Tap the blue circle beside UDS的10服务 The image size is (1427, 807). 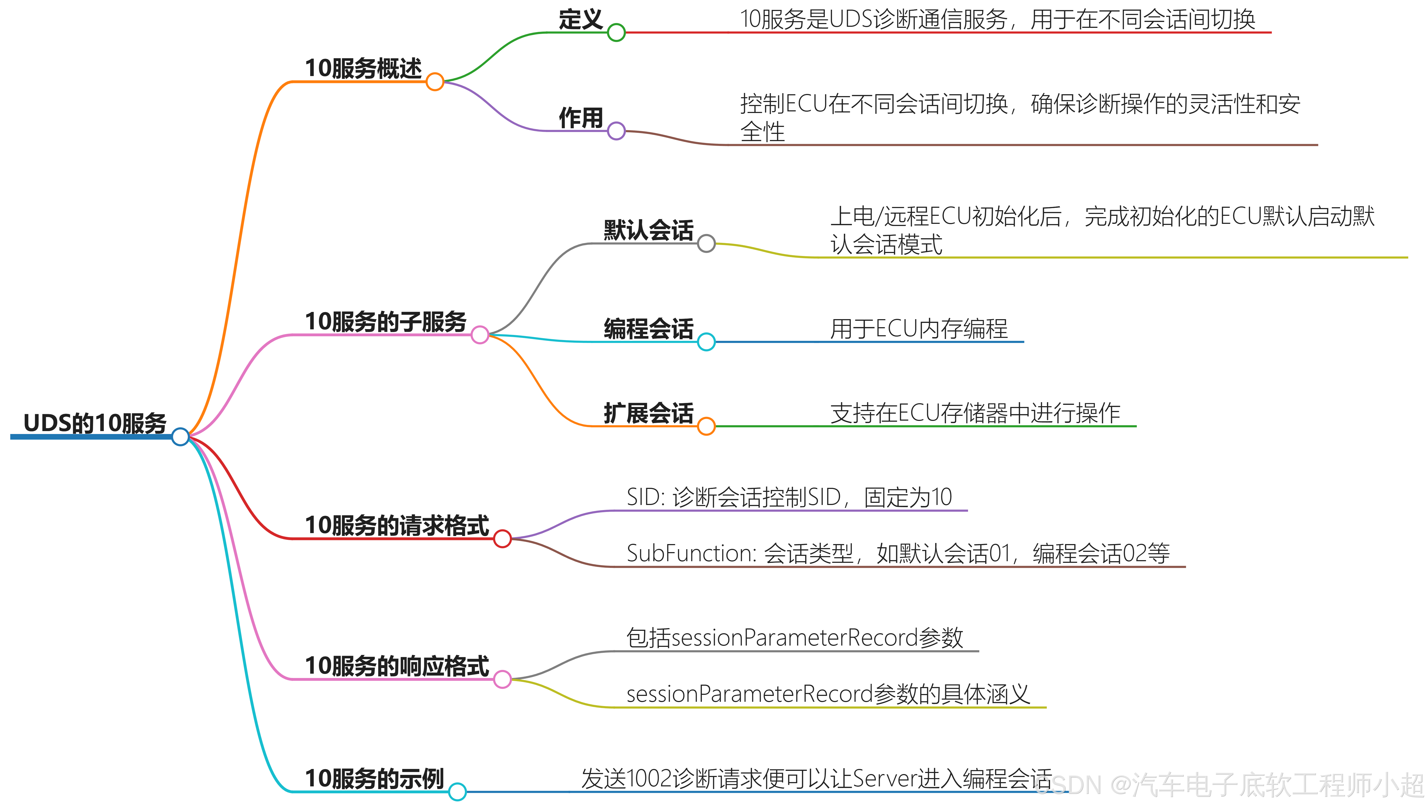point(180,437)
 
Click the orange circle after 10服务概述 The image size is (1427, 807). point(435,82)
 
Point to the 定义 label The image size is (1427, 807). point(580,20)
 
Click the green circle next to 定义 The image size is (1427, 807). point(616,33)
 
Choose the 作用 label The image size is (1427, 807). point(580,118)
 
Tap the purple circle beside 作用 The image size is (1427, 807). point(616,131)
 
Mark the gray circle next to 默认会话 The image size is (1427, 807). point(706,243)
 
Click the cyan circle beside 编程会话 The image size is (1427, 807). point(706,342)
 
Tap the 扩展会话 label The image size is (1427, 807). point(648,413)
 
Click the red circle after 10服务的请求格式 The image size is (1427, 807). point(502,539)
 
